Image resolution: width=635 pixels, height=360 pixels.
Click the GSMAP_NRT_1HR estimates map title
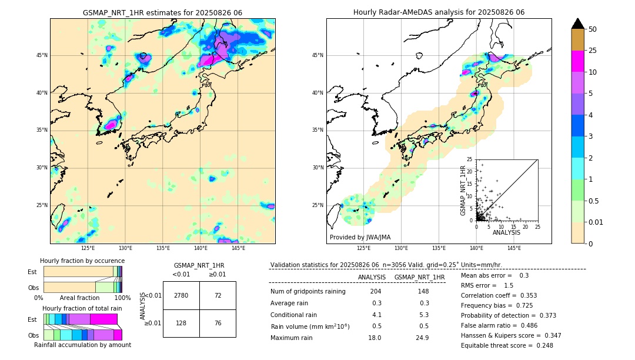(x=162, y=12)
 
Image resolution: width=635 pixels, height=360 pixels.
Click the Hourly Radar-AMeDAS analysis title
(x=439, y=12)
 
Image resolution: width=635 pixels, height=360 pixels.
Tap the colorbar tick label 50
(x=593, y=29)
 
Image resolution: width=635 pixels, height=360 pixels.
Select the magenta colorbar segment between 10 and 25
(x=578, y=61)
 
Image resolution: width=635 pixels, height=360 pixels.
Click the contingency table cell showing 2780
(x=181, y=295)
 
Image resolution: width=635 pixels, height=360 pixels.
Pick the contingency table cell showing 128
(x=181, y=323)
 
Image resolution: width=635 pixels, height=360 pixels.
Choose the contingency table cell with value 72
(x=218, y=295)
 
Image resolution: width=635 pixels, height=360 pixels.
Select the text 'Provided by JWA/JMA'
(x=360, y=238)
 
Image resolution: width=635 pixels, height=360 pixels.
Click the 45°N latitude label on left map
(x=42, y=55)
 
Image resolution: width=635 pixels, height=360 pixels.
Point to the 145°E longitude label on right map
(x=514, y=248)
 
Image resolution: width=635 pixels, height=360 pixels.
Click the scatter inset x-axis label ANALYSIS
(x=506, y=232)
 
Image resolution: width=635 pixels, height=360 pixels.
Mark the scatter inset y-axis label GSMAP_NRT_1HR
(x=463, y=189)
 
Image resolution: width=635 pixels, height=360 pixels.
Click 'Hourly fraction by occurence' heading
(x=82, y=261)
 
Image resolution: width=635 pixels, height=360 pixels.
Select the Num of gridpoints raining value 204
(x=376, y=291)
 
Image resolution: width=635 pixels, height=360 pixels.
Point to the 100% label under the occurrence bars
(x=122, y=298)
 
